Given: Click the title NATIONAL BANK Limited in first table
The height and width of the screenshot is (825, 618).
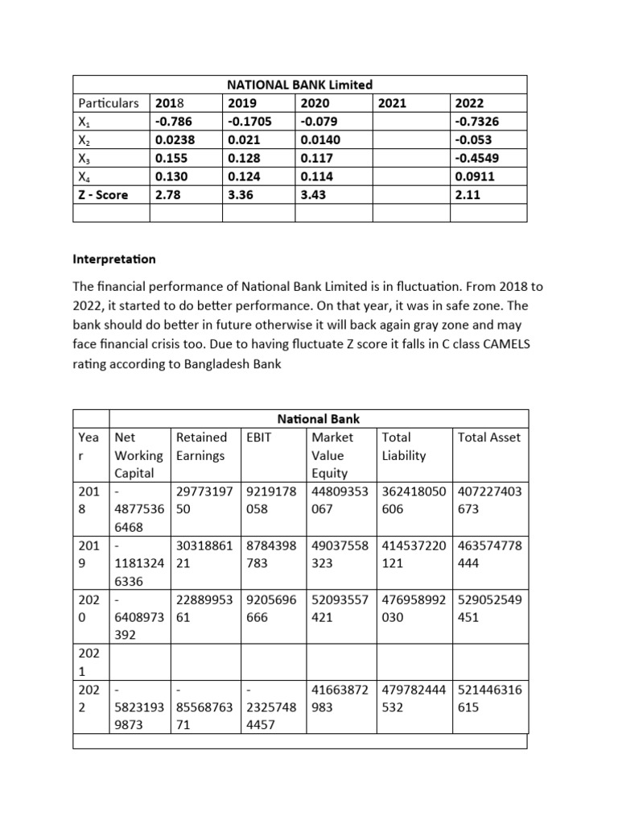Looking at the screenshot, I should click(299, 85).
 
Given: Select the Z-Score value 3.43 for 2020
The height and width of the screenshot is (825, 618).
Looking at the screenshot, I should click(312, 194).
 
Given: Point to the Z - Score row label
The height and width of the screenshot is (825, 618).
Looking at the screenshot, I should click(103, 194).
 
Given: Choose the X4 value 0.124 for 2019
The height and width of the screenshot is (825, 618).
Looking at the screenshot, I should click(245, 176).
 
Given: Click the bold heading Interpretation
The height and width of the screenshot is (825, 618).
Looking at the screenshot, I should click(114, 260).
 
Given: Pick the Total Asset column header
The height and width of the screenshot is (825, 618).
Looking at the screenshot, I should click(488, 437).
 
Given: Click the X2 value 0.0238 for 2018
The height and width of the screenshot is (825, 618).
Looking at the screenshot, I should click(174, 139).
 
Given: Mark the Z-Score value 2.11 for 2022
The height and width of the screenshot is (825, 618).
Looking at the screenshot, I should click(468, 194).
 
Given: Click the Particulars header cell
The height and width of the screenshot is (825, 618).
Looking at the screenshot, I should click(109, 103).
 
